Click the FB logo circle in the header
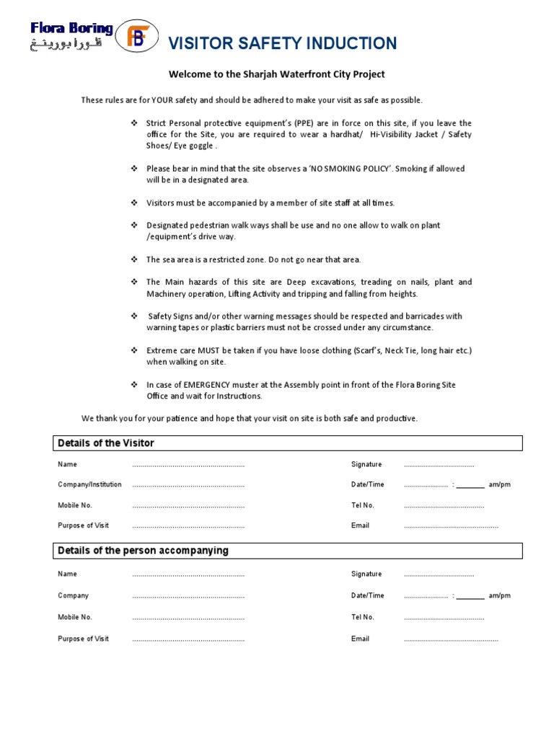point(136,37)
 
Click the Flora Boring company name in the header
point(71,29)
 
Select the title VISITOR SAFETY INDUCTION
point(282,44)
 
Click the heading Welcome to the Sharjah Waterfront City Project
point(277,74)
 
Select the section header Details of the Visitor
point(106,443)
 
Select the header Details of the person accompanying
point(143,551)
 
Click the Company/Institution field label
point(89,484)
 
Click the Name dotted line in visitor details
point(188,466)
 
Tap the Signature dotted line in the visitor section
point(439,466)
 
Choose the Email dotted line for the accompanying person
point(451,640)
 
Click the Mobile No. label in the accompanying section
point(75,617)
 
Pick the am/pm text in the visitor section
point(499,484)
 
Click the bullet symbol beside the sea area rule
point(133,259)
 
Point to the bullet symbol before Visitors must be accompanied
point(133,203)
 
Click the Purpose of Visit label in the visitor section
point(82,525)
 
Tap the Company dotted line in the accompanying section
point(188,597)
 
